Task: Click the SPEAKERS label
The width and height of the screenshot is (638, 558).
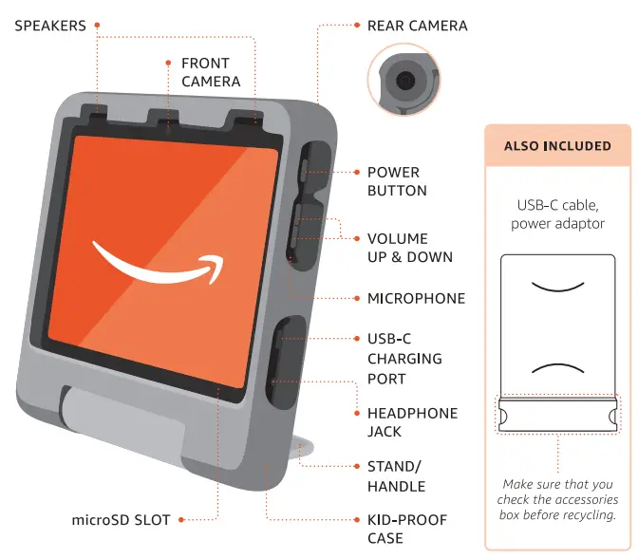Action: pos(50,26)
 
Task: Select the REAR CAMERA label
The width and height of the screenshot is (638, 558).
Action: pos(417,26)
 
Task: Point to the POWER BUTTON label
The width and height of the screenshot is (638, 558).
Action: pos(397,181)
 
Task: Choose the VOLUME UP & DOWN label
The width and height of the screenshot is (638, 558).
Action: pos(410,248)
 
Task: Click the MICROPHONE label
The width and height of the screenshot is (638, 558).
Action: pos(416,298)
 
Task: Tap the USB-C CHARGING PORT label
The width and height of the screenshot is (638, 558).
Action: pos(404,358)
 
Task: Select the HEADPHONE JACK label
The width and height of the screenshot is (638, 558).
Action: pos(412,422)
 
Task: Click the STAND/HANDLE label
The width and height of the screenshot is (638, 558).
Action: pos(396,476)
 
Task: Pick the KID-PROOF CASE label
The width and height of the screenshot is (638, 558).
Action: pos(406,529)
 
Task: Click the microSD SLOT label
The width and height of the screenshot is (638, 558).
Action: pos(122,520)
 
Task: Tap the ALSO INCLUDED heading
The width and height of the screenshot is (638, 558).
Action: pos(557,146)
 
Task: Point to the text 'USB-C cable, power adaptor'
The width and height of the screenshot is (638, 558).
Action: pos(557,214)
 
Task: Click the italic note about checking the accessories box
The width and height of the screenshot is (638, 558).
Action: pos(558,499)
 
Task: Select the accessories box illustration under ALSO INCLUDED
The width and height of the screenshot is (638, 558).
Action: pos(557,343)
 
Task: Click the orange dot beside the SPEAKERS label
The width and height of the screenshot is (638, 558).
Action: pos(99,26)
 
